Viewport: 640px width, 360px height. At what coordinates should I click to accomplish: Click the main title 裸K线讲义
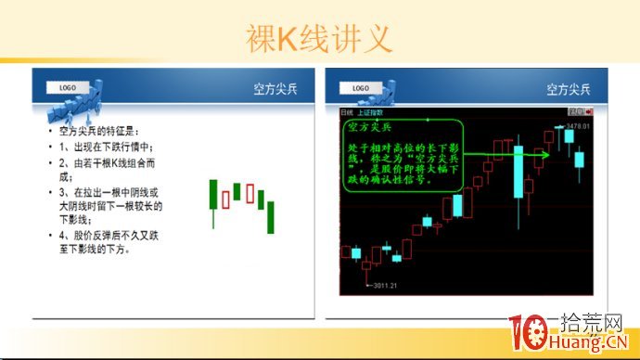[x=319, y=38]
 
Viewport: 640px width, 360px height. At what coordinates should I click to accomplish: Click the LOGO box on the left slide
[x=68, y=87]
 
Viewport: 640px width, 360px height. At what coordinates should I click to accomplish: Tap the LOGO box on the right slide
[x=362, y=88]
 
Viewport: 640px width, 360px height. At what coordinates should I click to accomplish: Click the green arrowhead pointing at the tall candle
[x=545, y=153]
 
